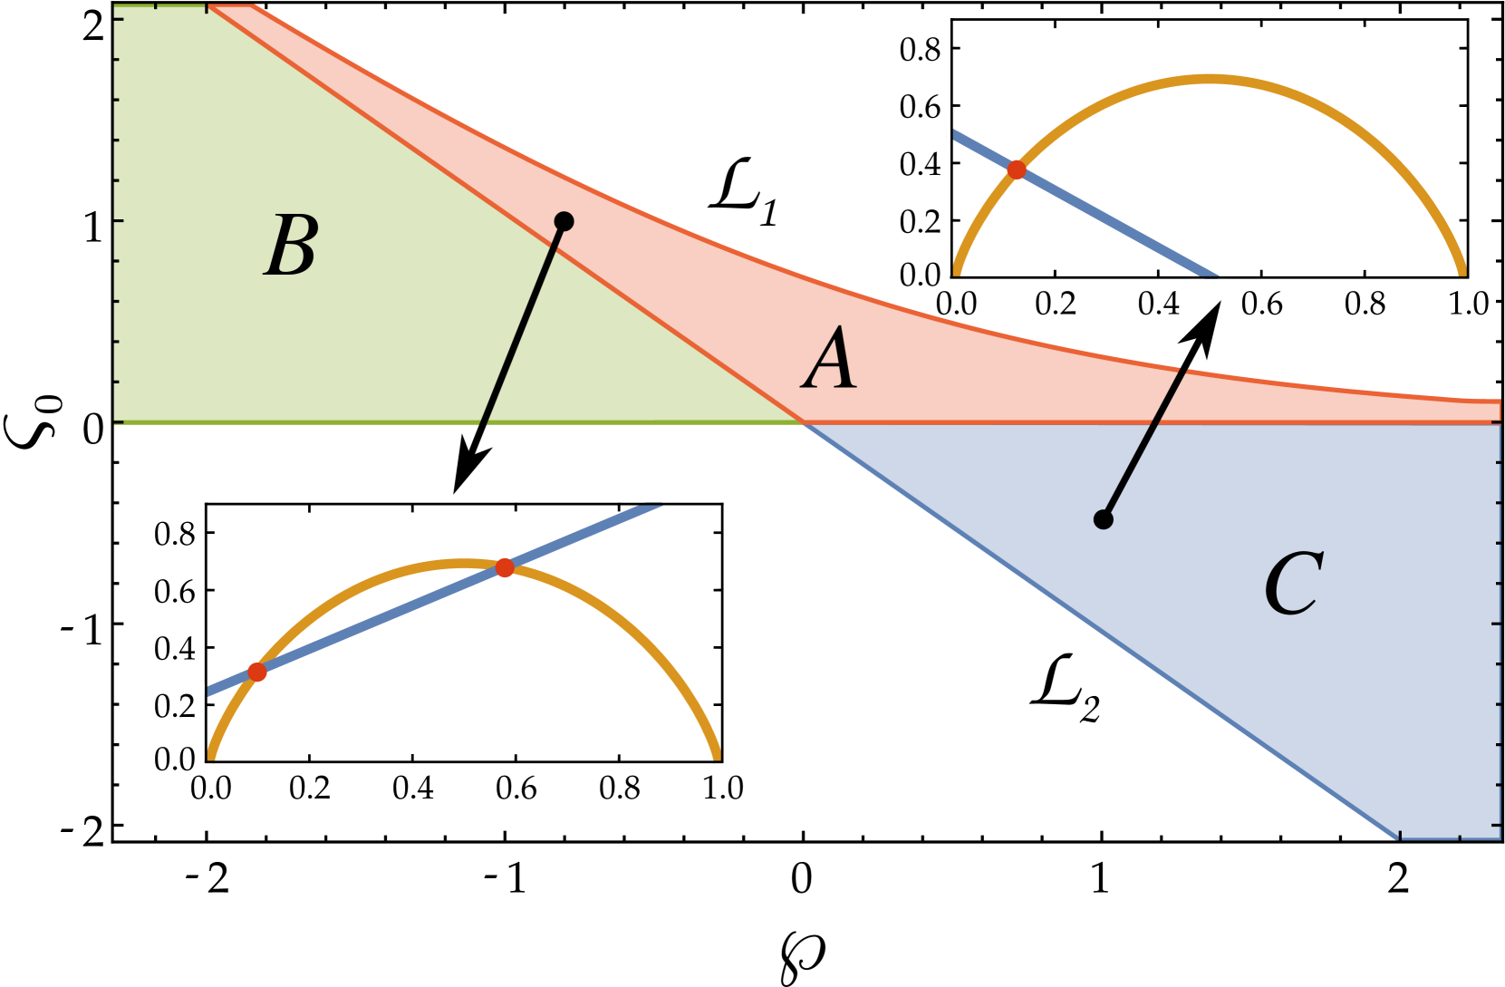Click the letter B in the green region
[292, 246]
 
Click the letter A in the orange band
[830, 360]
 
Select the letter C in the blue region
[1293, 584]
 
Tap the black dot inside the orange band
[564, 221]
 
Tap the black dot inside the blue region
[1103, 519]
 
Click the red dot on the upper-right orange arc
[1017, 169]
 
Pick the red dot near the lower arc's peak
[505, 567]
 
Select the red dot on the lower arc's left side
[257, 672]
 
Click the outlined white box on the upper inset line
[931, 131]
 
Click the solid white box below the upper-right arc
[1209, 293]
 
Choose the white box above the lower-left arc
[658, 489]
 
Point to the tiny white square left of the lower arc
[198, 689]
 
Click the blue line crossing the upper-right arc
[1114, 223]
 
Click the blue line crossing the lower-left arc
[381, 620]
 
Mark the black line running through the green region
[521, 326]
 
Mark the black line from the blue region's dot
[1144, 444]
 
